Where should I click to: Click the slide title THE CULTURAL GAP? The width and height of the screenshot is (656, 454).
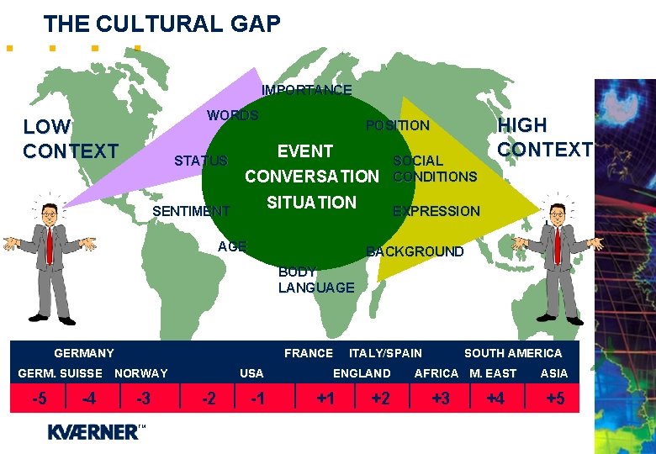point(161,24)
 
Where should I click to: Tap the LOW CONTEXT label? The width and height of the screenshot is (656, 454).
point(71,140)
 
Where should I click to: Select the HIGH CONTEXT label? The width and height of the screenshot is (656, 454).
point(544,138)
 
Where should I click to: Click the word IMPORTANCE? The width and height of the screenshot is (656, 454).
point(306,90)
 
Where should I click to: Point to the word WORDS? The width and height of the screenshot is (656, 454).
point(233,115)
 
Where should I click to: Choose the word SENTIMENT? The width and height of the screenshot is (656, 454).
point(191,212)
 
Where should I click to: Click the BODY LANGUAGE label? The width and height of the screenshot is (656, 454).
point(315,280)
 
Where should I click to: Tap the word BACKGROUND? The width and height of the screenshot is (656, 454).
point(415,251)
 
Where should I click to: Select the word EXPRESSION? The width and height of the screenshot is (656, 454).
point(436,212)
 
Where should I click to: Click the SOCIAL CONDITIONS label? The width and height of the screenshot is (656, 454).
point(434,169)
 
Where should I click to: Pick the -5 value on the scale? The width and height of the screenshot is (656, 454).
point(39,399)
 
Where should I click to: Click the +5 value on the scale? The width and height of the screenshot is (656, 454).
point(555,399)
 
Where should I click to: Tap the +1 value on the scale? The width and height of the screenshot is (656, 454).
point(325,399)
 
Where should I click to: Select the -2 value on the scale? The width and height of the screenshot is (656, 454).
point(209,399)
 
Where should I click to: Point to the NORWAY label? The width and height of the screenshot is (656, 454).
point(141,373)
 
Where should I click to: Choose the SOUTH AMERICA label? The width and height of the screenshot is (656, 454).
point(512,353)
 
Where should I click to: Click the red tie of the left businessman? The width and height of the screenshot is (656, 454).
point(50,245)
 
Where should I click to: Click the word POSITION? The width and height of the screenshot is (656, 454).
point(397,126)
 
